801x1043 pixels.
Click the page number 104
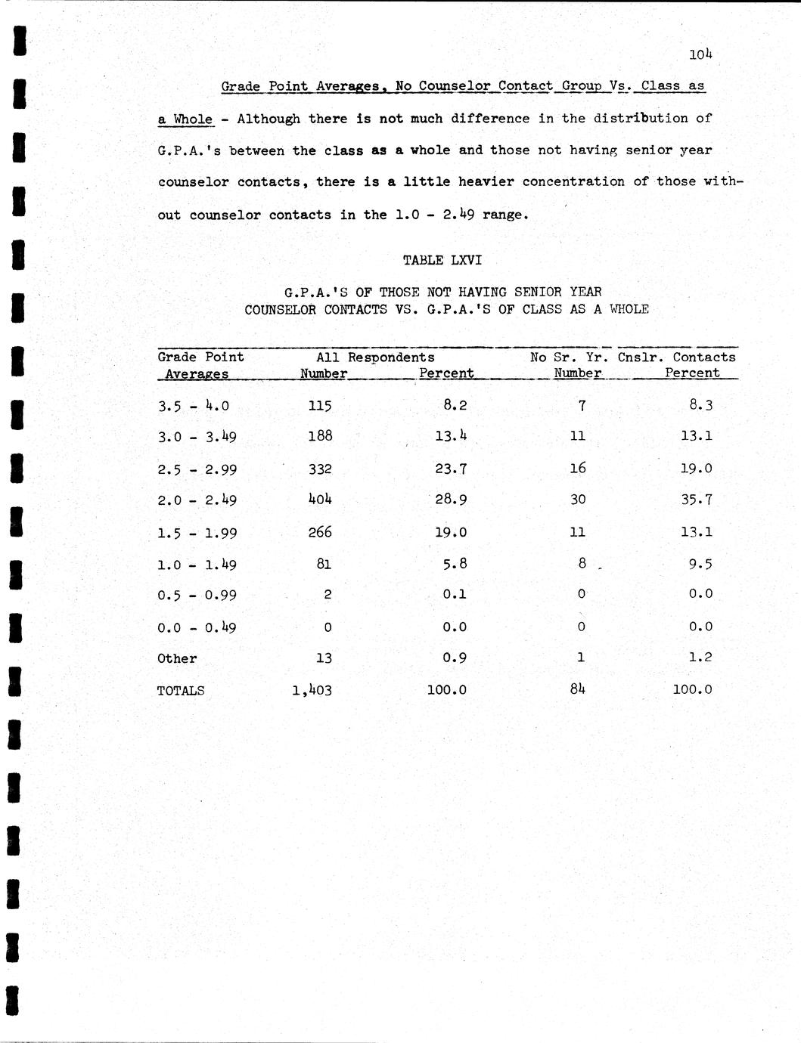click(700, 54)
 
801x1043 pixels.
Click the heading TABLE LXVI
click(442, 260)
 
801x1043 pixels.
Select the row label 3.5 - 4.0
click(194, 406)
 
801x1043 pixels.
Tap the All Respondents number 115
click(320, 406)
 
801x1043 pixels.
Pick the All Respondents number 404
click(320, 500)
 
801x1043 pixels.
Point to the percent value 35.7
click(696, 500)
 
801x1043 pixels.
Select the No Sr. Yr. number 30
click(578, 500)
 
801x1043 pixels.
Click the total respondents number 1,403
click(312, 690)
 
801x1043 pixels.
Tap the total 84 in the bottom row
click(578, 689)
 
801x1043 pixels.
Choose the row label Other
click(177, 658)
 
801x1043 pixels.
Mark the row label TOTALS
click(181, 690)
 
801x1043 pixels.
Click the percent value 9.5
click(700, 564)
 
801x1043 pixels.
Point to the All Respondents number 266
click(320, 532)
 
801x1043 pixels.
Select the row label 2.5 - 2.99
click(197, 469)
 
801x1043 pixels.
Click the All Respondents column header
click(375, 357)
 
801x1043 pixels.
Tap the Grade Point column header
click(200, 357)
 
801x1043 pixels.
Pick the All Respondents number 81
click(324, 564)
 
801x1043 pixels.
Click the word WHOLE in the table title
click(629, 309)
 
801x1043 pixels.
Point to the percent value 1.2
click(700, 658)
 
